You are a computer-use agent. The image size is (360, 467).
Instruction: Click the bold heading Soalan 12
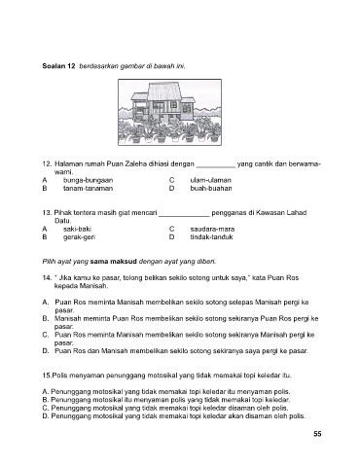coord(58,66)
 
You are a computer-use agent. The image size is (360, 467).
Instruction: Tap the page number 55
coord(317,434)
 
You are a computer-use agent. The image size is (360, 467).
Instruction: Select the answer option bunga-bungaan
coord(89,180)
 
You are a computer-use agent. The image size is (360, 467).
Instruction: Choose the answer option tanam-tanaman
coord(89,189)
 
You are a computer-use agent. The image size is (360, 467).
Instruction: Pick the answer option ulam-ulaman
coord(211,180)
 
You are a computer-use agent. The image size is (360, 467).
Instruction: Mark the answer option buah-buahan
coord(211,189)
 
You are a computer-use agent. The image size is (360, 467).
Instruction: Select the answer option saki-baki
coord(77,229)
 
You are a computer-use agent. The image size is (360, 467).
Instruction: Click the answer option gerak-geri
coord(79,237)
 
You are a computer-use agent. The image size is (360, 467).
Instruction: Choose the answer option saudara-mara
coord(212,229)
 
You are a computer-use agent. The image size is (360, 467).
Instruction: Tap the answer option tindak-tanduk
coord(211,237)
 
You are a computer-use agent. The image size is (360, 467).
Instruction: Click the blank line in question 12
coord(216,167)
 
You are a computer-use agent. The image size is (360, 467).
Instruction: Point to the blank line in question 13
coord(184,216)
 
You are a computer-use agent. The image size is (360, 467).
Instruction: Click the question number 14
coord(47,278)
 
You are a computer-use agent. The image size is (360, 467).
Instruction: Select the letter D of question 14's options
coord(45,351)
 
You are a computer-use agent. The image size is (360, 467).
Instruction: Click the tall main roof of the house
coord(163,91)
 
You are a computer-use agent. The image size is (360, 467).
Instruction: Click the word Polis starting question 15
coord(59,376)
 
